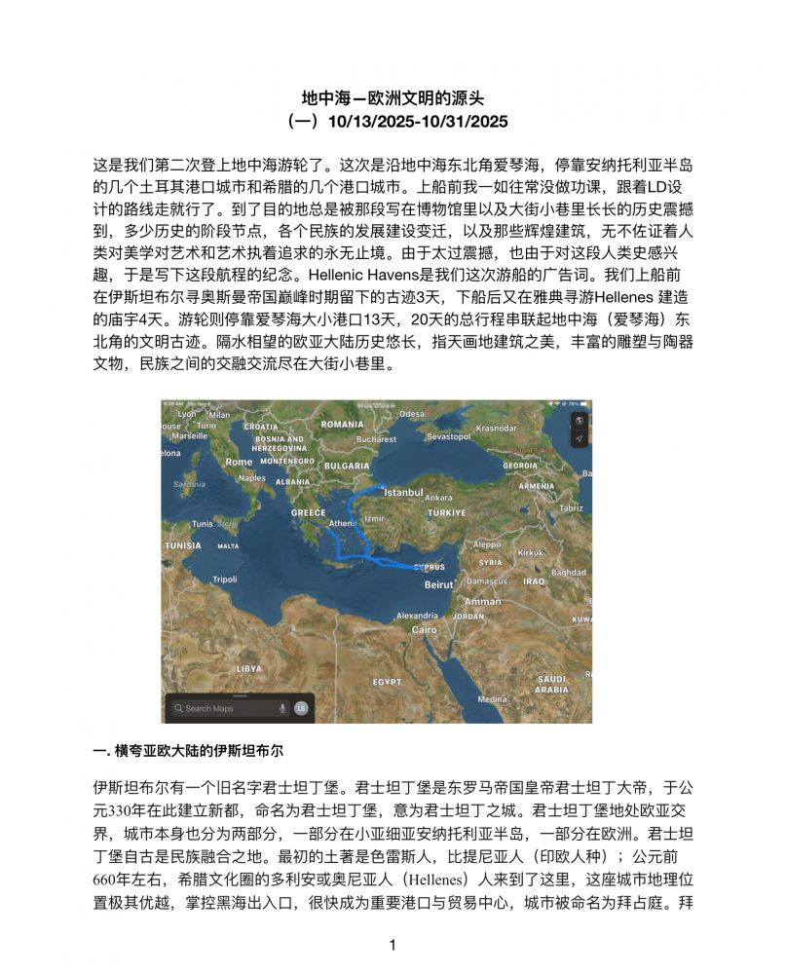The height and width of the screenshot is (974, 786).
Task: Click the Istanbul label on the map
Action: [403, 493]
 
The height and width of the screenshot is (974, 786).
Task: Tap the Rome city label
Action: [239, 462]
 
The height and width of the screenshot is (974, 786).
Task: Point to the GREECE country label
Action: [309, 512]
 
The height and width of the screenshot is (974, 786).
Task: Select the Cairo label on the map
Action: [425, 629]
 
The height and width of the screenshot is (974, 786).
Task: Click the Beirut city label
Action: [438, 584]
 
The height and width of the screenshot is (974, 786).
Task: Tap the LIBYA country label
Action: [249, 668]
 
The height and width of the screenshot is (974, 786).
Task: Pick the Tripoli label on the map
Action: [225, 579]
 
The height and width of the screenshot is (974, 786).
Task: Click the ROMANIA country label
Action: [342, 425]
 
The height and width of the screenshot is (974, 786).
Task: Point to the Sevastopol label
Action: [449, 436]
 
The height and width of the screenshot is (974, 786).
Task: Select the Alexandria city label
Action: [417, 616]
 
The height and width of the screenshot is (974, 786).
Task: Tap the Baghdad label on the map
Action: [569, 573]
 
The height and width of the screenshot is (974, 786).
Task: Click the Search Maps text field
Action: [219, 708]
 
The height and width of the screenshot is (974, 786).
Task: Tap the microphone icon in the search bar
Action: [282, 708]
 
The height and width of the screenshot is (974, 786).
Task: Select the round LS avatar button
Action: [301, 708]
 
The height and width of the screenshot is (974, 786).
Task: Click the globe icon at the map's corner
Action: [579, 420]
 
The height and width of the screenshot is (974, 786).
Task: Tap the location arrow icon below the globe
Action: [579, 438]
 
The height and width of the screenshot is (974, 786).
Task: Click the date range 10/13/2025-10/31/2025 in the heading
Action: [419, 122]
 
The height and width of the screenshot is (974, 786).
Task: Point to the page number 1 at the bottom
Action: [393, 945]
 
